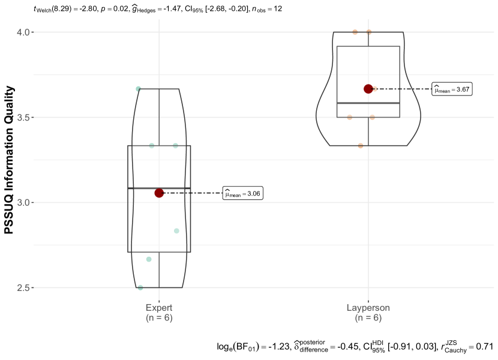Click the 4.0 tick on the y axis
click(23, 32)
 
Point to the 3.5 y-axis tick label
click(23, 117)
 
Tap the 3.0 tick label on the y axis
click(23, 202)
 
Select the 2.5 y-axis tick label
click(23, 287)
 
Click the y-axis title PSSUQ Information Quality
click(9, 160)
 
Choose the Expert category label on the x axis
click(159, 308)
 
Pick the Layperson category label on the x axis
click(368, 308)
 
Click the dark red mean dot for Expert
click(159, 193)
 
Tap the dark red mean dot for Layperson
click(368, 89)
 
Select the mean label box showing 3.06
click(243, 193)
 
